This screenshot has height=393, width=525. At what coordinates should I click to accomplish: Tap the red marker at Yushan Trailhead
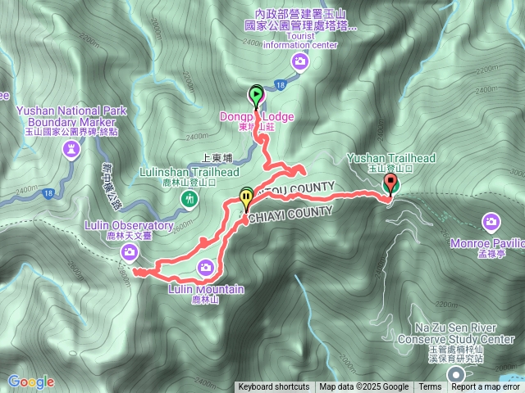(x=390, y=184)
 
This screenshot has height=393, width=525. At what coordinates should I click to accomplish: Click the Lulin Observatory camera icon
(x=129, y=252)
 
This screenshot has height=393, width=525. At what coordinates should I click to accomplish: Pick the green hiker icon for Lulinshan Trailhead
(x=191, y=198)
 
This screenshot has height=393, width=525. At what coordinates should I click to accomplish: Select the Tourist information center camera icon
(x=301, y=61)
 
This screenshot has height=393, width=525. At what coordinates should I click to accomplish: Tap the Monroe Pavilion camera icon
(x=491, y=221)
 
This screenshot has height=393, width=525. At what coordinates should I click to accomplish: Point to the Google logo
(x=31, y=382)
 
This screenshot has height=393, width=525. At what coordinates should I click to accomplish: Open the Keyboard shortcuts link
(x=274, y=387)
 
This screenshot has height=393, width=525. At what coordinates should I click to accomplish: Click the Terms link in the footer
(x=430, y=387)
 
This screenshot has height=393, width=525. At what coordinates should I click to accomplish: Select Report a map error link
(x=486, y=387)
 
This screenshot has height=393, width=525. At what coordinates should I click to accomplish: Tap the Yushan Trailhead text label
(x=391, y=158)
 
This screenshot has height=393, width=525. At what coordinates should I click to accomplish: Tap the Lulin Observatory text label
(x=129, y=225)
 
